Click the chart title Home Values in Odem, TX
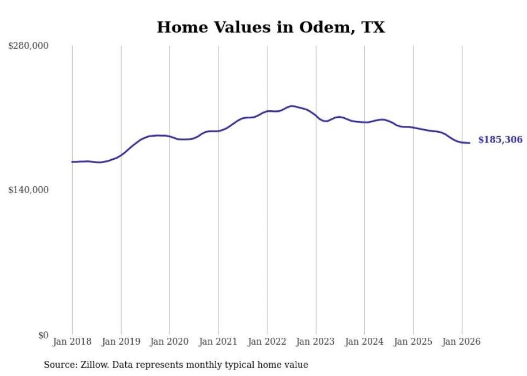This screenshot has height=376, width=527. [270, 27]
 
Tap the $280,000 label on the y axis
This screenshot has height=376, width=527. [29, 46]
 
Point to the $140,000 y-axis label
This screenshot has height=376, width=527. [29, 190]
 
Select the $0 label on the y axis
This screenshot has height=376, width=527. [43, 335]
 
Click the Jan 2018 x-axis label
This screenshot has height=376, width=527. [72, 342]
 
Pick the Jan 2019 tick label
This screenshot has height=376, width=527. [121, 342]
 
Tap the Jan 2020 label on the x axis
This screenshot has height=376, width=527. [169, 342]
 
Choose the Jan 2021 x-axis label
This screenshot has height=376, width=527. [218, 342]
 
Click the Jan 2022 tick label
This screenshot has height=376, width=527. [267, 342]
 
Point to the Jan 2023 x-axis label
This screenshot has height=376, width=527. [316, 342]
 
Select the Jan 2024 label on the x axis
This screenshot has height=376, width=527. [364, 342]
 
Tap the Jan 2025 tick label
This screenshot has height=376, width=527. [413, 342]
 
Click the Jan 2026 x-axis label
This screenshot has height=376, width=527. [461, 342]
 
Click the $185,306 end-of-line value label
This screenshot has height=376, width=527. [500, 140]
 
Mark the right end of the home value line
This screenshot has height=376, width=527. [470, 143]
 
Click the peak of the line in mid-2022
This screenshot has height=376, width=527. [291, 106]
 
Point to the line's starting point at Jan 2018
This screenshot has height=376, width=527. [72, 162]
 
